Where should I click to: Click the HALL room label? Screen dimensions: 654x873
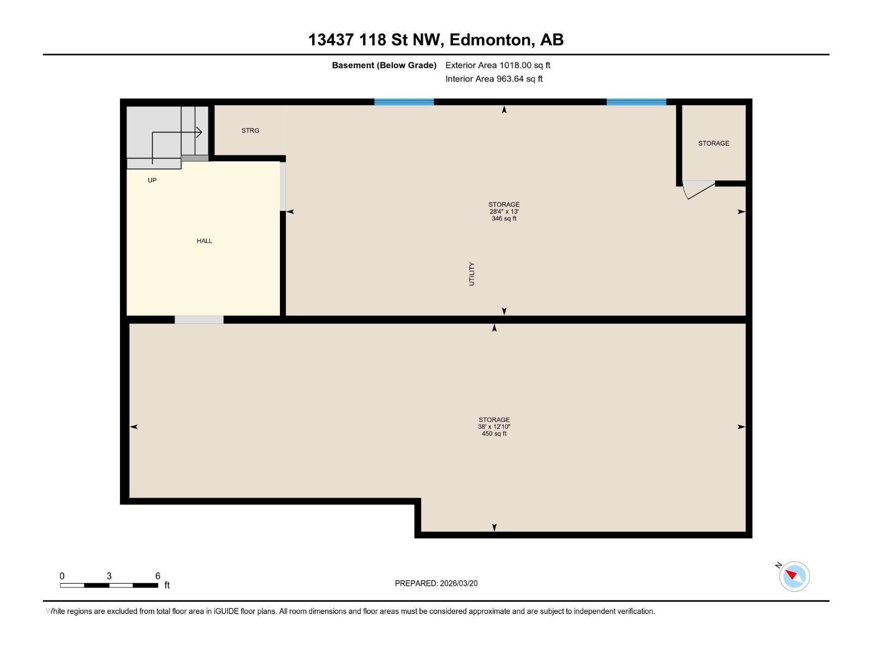click(x=205, y=241)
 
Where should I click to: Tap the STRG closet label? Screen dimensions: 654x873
click(x=250, y=131)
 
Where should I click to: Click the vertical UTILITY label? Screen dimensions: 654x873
click(x=472, y=274)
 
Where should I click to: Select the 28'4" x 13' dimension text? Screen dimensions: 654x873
click(x=504, y=211)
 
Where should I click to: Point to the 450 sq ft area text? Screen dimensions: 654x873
click(x=494, y=434)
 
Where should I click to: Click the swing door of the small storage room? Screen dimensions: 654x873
click(x=699, y=189)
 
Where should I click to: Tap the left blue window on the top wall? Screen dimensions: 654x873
click(x=404, y=102)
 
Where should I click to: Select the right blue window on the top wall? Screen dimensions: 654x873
click(x=636, y=102)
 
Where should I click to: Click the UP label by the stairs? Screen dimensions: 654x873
click(x=152, y=180)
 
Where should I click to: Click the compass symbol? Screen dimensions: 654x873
click(x=794, y=576)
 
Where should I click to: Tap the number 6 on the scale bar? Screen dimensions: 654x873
click(x=158, y=576)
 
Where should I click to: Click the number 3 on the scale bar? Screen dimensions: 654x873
click(x=109, y=576)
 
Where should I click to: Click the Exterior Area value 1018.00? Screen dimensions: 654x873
click(x=516, y=65)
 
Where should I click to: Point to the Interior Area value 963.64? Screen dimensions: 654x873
click(x=510, y=79)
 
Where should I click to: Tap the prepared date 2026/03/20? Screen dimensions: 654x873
click(x=459, y=583)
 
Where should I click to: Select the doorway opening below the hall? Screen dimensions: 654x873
click(x=199, y=320)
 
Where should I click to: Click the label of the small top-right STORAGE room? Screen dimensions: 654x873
click(x=714, y=143)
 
